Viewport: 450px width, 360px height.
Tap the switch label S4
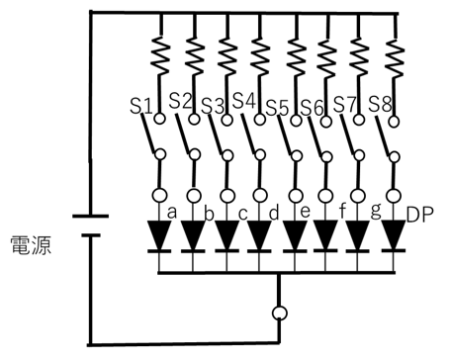244,101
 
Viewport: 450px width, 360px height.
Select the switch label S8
380,103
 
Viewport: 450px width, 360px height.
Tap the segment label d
274,212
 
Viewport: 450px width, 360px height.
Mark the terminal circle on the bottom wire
279,315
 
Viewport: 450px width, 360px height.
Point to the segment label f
342,211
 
